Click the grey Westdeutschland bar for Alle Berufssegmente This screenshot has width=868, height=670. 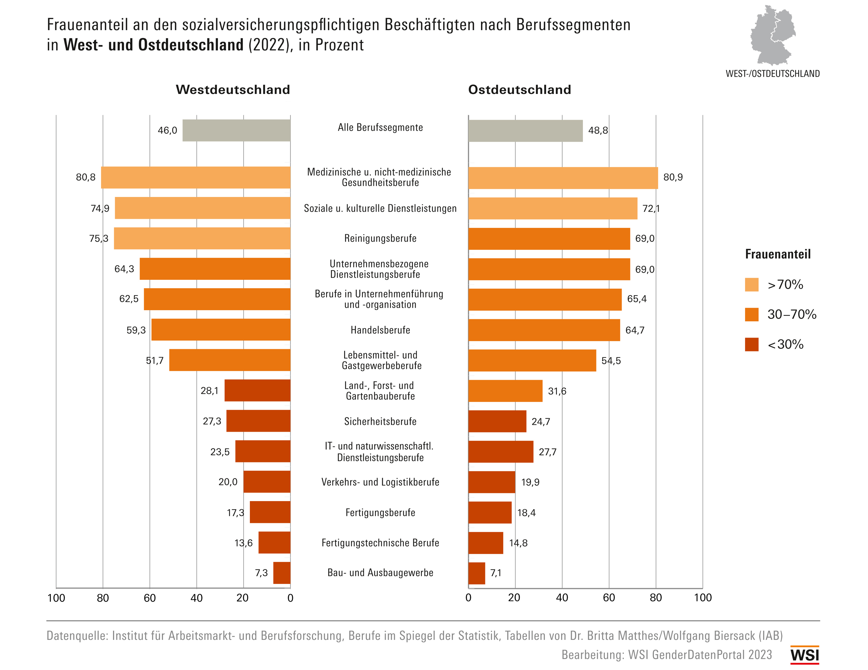(x=237, y=130)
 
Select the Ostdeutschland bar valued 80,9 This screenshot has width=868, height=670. (x=563, y=178)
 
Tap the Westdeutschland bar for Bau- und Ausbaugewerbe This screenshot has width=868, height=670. (x=282, y=573)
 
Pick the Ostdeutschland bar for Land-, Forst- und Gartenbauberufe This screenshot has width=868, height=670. (x=505, y=391)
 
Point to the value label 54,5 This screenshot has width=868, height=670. (x=611, y=361)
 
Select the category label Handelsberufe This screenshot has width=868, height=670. (x=380, y=330)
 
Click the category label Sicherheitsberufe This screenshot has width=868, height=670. (x=380, y=421)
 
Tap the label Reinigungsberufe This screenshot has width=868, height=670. (x=380, y=238)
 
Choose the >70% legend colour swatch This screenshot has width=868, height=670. (x=752, y=285)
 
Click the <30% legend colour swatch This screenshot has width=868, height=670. (x=752, y=344)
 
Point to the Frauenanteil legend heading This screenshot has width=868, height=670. (x=777, y=254)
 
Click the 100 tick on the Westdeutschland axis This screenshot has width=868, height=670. (x=56, y=598)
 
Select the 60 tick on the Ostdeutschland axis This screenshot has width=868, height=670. (x=609, y=598)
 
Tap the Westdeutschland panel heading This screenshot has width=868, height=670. (x=233, y=90)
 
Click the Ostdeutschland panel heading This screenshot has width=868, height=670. (x=520, y=90)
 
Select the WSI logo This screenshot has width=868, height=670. (x=804, y=655)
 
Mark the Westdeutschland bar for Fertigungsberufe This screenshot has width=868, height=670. (x=270, y=512)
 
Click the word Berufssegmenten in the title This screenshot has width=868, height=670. (x=573, y=25)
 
